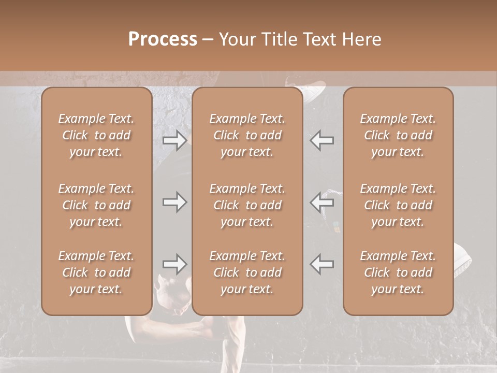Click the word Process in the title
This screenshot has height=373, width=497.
coord(163,39)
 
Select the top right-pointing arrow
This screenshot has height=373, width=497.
coord(174,140)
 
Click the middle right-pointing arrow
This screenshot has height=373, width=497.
coord(174,202)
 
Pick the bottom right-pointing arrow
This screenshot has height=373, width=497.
coord(174,264)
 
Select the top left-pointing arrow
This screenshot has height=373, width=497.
coord(321,140)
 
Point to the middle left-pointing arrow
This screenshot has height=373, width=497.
coord(321,202)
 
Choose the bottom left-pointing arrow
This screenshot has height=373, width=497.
coord(321,264)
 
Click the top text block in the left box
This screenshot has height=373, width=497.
coord(96,135)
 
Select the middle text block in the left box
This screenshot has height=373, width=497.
coord(96,205)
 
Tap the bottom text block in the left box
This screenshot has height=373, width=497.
coord(96,272)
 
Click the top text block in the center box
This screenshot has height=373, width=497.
coord(247,135)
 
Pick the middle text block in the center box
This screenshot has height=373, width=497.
coord(247,205)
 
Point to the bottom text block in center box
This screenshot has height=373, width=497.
coord(247,272)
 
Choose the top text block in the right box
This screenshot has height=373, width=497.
coord(398,135)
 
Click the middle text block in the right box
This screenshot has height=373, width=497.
coord(398,205)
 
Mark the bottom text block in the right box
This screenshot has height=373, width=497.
coord(398,272)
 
